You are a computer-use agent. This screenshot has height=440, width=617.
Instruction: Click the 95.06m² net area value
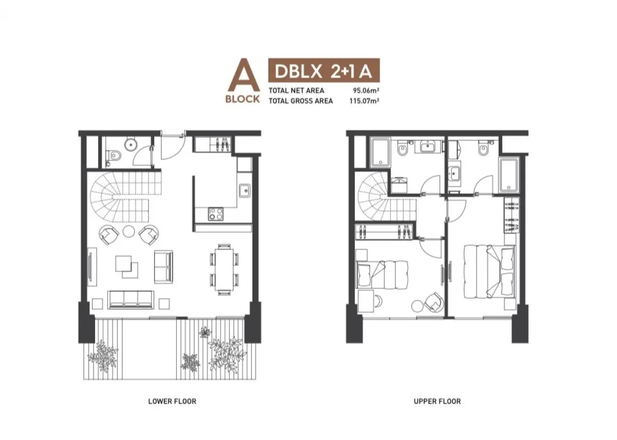(366, 90)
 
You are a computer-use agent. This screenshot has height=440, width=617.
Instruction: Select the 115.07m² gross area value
(364, 101)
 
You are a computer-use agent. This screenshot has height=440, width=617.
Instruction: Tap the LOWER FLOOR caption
(172, 401)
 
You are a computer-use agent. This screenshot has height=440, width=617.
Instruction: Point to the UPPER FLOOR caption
(437, 401)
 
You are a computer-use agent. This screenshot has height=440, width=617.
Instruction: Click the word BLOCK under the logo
(243, 99)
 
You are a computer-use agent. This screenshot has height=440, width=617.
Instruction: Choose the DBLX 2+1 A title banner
(324, 71)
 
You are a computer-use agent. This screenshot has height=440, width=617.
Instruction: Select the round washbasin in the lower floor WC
(131, 144)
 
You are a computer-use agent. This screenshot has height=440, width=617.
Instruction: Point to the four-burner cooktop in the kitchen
(215, 214)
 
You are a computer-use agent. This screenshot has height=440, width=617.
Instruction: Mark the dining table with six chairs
(224, 269)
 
